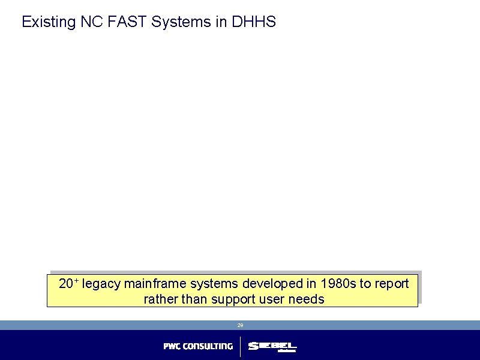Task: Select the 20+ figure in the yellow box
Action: pos(68,283)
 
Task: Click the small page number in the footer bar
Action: pos(240,325)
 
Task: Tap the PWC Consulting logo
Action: pos(198,346)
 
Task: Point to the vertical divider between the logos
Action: pos(241,346)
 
